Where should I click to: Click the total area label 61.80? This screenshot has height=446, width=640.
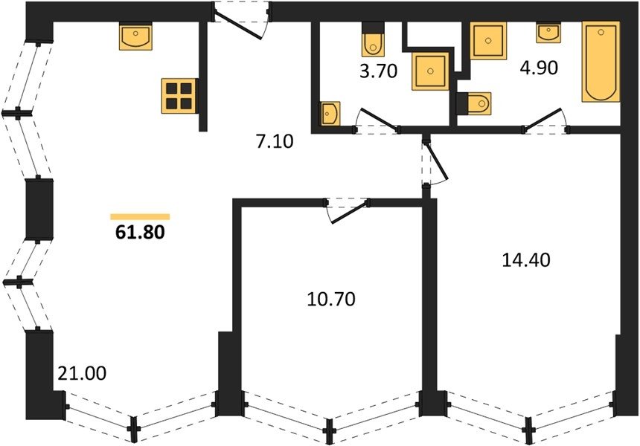[141, 232]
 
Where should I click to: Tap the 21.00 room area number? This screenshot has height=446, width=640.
[82, 373]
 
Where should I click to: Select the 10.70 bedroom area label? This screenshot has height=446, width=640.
[331, 300]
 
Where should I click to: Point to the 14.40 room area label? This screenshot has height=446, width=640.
[525, 259]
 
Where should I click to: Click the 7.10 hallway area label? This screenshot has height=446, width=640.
[275, 142]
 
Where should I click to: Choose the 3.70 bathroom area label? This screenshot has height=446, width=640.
[378, 71]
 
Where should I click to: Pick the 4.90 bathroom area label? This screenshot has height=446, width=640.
[539, 68]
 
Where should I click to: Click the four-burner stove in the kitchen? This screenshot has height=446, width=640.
[179, 96]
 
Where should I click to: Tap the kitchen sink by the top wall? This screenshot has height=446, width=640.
[136, 36]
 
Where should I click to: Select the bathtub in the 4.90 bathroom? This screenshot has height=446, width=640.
[601, 61]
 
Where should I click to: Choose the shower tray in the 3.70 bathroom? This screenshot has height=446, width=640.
[431, 71]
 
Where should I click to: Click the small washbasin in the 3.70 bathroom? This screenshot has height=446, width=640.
[330, 113]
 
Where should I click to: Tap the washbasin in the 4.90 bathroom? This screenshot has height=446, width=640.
[549, 32]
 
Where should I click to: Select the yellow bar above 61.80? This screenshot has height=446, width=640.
[140, 216]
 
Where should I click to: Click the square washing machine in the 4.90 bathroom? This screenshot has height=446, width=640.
[488, 40]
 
